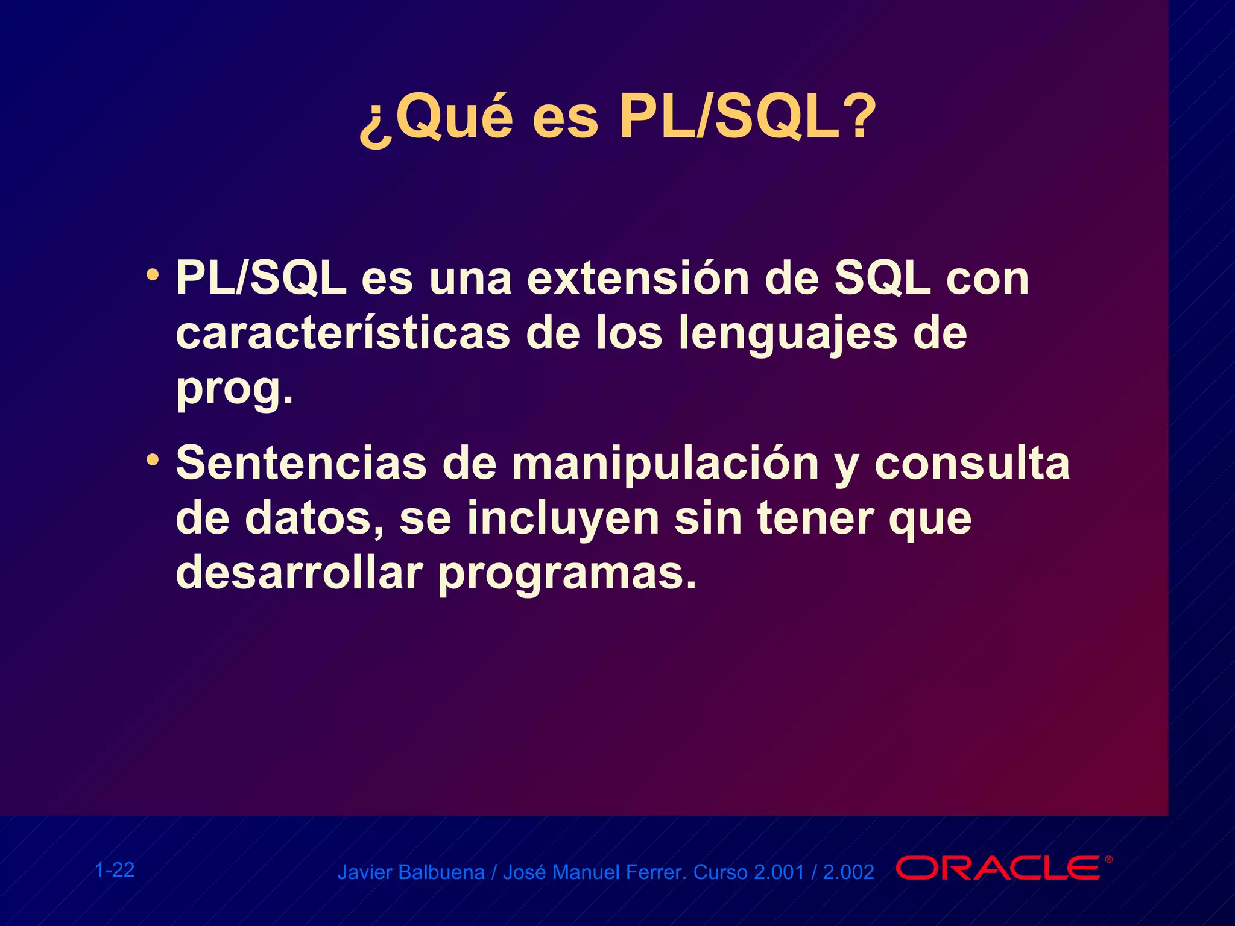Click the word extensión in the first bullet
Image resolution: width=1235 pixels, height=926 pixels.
[638, 280]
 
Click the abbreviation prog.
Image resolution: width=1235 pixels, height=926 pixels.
[234, 389]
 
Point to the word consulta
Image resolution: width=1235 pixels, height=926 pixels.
[972, 464]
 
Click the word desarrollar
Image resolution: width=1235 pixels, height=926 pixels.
[298, 573]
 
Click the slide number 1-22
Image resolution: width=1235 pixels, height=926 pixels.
[115, 870]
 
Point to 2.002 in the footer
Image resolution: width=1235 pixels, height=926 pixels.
[848, 872]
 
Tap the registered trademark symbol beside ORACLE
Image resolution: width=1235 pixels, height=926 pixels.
[1108, 860]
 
